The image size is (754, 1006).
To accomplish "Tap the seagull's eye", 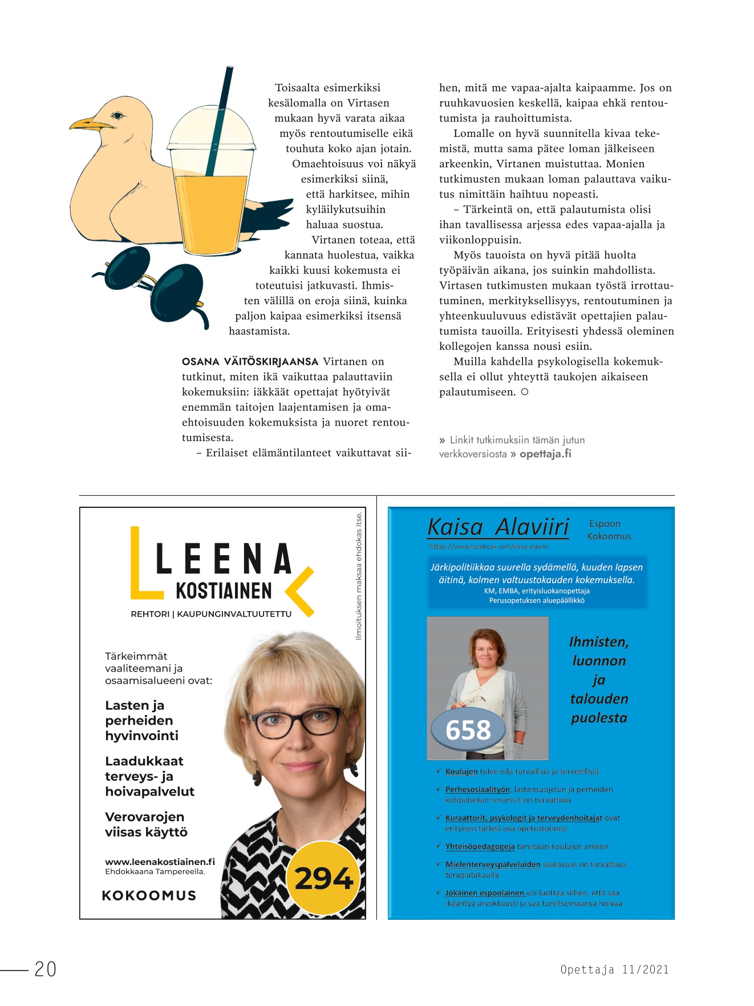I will point(117,116).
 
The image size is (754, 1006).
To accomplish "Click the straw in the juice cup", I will point(220,120).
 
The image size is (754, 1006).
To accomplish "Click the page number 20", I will point(46,969).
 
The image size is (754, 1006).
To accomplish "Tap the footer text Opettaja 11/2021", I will point(614,969).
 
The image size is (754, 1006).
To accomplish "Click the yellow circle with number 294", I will point(323,878).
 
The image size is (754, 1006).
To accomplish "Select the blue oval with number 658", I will point(468,730).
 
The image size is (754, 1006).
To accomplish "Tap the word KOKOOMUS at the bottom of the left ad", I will point(149,895).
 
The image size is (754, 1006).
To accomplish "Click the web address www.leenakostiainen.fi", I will point(160,862).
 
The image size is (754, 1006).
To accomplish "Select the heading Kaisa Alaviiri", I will point(498,527).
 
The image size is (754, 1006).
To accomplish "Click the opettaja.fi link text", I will point(545,454).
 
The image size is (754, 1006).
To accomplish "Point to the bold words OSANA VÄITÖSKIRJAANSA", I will point(250,362).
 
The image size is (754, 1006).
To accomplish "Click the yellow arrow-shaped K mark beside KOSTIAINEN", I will point(301,592).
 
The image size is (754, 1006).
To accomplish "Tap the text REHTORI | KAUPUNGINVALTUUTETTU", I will point(211,614).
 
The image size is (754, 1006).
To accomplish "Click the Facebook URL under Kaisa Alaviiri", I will point(488,547).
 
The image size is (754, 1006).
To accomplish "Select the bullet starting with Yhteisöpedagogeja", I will point(526,847).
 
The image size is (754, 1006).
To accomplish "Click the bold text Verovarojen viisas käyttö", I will point(146,825).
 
